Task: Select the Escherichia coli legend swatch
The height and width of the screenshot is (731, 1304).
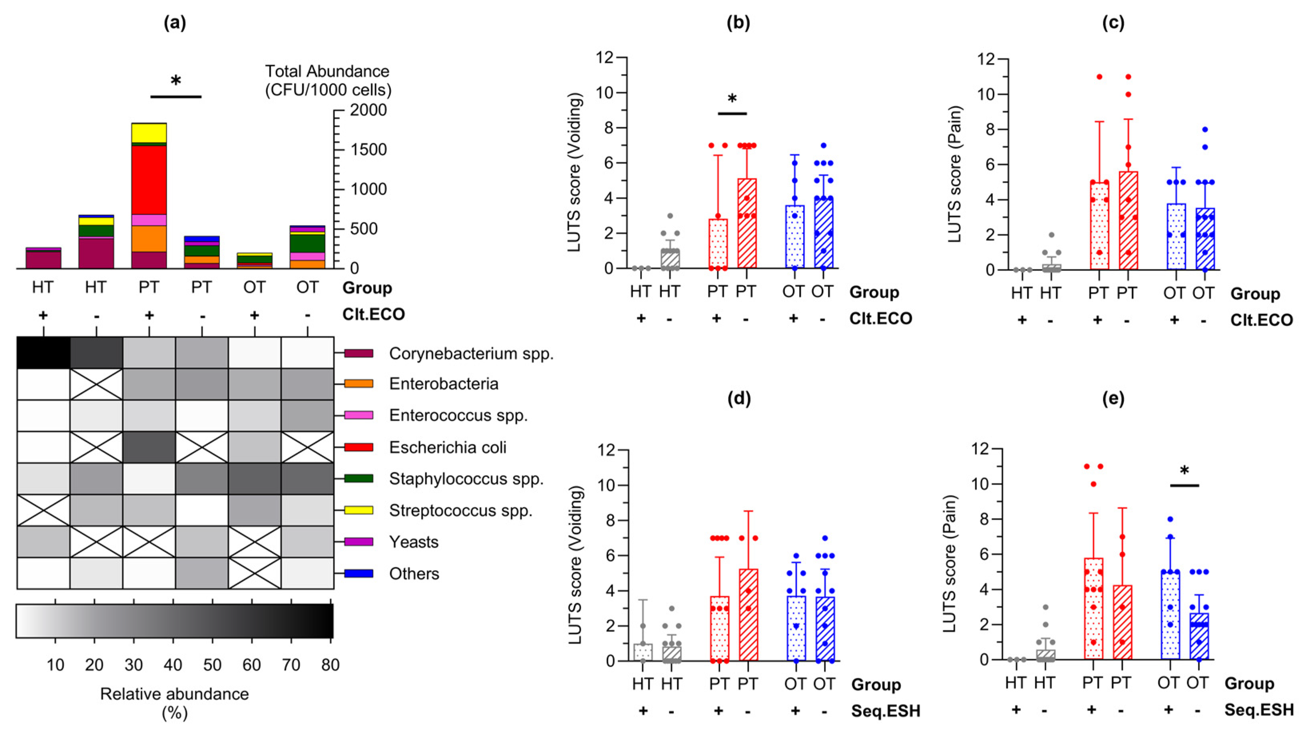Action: pos(358,447)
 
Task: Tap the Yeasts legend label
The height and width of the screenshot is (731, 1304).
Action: pos(414,542)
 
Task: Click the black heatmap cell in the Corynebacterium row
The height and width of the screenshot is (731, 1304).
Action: pos(44,353)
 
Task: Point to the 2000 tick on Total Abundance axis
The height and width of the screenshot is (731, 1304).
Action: pos(368,110)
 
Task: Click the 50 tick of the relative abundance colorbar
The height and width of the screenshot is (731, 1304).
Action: pos(212,665)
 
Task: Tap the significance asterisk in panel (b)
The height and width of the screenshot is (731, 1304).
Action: pos(732,99)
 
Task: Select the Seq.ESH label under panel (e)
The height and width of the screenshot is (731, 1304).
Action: pos(1259,710)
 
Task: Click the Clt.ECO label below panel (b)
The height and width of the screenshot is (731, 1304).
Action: pos(880,318)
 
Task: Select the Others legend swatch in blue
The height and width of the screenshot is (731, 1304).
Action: pos(358,573)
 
